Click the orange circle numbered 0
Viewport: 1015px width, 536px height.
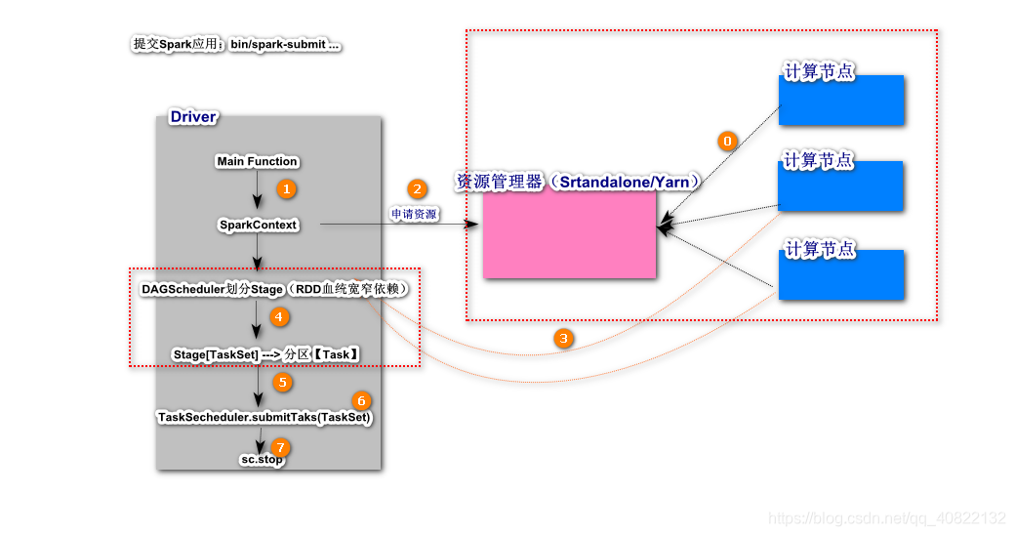click(726, 140)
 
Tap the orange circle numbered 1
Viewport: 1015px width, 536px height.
click(286, 187)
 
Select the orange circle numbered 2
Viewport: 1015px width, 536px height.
click(418, 189)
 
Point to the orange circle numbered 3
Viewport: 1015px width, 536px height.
click(563, 339)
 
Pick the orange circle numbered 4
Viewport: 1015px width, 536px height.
click(279, 315)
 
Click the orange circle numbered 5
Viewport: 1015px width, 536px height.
click(283, 382)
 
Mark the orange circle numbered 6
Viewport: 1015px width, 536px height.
click(362, 401)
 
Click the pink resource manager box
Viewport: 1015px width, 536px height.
click(569, 234)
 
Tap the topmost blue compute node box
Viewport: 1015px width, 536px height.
click(840, 99)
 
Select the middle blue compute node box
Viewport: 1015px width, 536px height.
click(840, 186)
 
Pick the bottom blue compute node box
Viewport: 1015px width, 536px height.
click(840, 274)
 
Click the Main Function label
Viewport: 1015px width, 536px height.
click(258, 161)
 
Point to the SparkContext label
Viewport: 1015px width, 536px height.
click(258, 225)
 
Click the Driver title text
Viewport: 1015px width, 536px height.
click(193, 117)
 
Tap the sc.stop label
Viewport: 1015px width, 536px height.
click(262, 459)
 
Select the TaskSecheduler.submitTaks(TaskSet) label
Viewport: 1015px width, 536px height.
click(264, 417)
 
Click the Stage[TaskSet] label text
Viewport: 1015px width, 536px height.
click(216, 354)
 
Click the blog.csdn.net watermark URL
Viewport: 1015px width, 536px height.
click(887, 518)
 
